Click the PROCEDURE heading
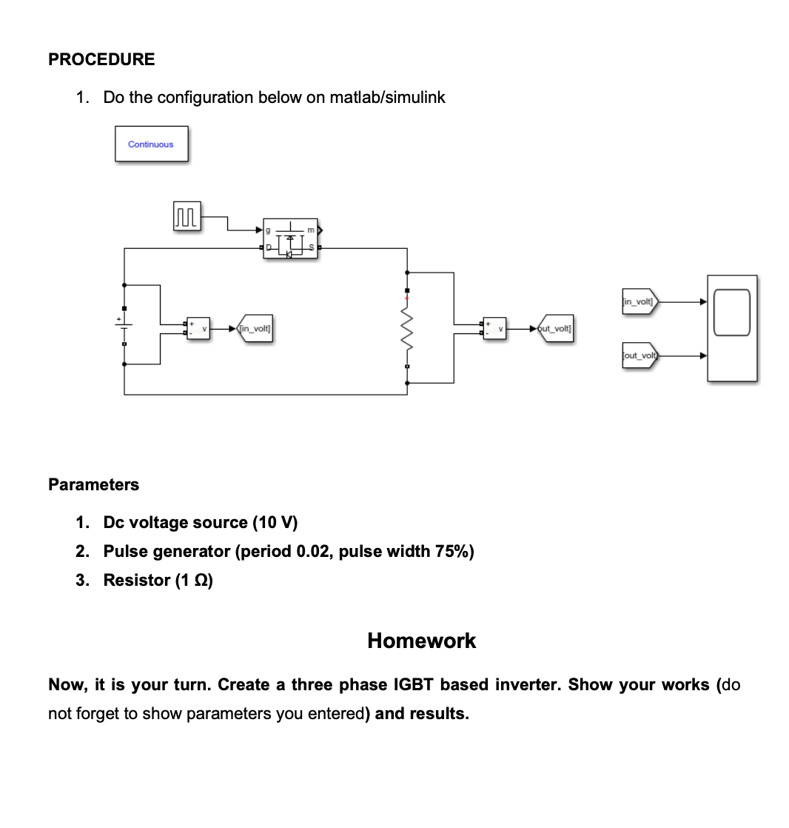click(101, 59)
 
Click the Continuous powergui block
click(151, 144)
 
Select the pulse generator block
click(187, 217)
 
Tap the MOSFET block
click(290, 238)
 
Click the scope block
click(731, 328)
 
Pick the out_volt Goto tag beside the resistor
click(557, 328)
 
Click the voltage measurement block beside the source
click(198, 328)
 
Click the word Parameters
click(93, 484)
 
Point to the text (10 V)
click(275, 523)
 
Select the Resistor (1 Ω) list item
click(158, 581)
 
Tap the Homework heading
click(421, 641)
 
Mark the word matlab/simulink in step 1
click(387, 98)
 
